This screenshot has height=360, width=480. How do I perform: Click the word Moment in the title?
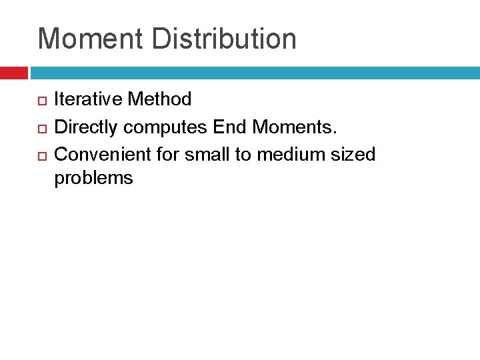pos(90,39)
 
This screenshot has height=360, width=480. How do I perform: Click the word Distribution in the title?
pos(224,39)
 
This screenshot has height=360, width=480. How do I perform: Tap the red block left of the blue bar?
pos(13,73)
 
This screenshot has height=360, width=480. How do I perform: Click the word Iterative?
pos(88,100)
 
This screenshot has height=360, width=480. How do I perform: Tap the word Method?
pos(159,100)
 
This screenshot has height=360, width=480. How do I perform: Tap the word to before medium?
pos(240,155)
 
